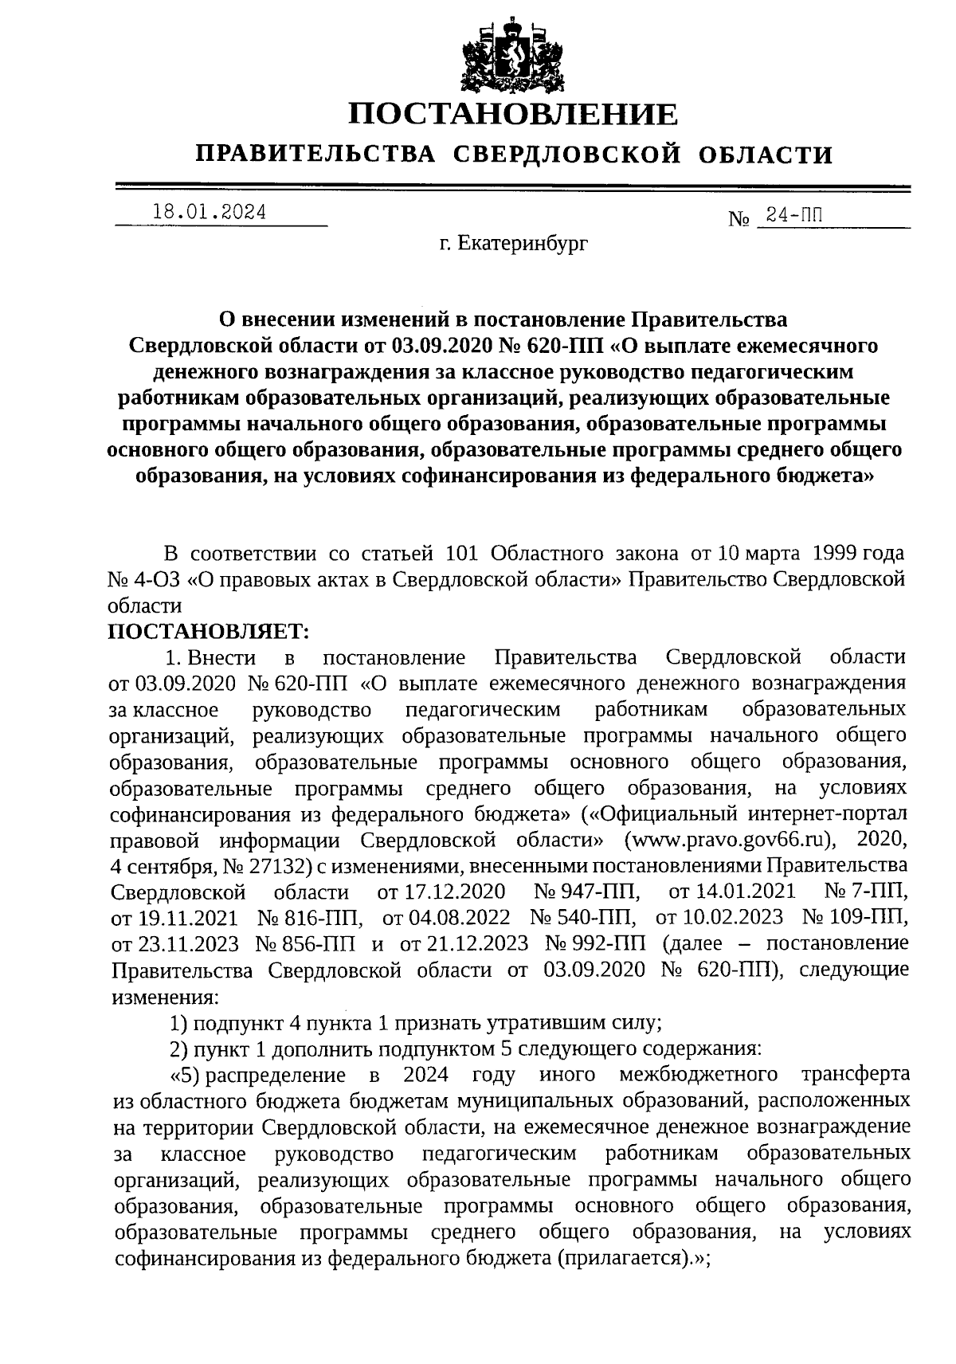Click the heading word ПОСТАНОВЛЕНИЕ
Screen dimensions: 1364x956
[514, 115]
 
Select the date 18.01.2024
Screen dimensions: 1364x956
[210, 213]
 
